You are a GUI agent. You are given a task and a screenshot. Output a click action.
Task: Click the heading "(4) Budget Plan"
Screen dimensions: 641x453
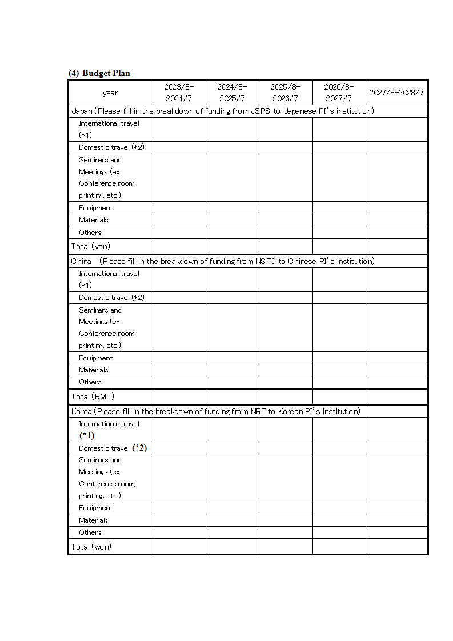99,73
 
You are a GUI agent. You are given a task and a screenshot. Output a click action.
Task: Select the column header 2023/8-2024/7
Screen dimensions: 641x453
179,93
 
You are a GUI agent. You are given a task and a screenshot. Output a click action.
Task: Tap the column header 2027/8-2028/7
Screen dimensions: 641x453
396,93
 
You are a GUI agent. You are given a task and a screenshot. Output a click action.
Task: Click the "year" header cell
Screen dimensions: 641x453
110,93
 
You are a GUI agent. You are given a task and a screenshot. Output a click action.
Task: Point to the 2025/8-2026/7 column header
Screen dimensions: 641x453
286,93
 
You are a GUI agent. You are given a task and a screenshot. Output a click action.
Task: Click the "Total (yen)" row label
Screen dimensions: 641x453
91,246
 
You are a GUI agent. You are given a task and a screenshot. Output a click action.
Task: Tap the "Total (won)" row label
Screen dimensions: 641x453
91,547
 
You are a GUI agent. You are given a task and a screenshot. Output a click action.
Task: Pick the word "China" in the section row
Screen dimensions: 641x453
81,261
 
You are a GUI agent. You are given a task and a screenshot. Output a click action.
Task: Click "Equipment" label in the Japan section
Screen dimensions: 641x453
96,208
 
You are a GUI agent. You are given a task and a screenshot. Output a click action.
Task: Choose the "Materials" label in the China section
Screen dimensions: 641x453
94,370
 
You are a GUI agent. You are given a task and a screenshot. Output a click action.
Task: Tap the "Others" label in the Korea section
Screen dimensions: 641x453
90,532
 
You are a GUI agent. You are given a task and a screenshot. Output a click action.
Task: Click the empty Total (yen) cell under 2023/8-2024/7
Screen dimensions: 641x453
179,246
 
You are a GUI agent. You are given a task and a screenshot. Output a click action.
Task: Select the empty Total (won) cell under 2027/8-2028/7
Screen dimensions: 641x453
396,547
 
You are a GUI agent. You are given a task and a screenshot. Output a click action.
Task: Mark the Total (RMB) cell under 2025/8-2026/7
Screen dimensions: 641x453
286,396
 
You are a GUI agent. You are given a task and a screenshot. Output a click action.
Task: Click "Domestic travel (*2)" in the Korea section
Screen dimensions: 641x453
113,448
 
